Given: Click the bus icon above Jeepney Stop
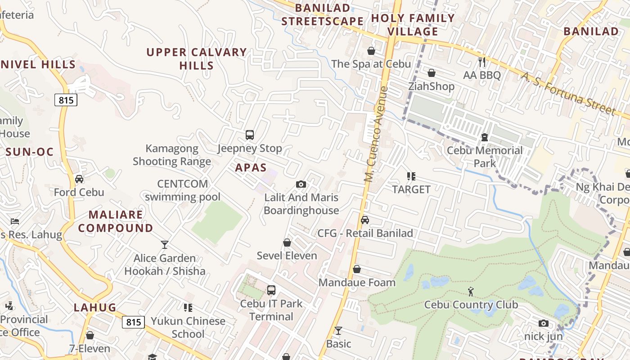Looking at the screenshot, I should [x=250, y=135].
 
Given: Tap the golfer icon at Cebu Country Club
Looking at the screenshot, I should [x=471, y=292].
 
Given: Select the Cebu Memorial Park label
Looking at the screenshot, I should [x=485, y=157].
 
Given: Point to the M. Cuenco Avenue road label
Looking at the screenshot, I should [x=376, y=134].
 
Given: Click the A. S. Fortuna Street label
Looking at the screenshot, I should [x=568, y=94].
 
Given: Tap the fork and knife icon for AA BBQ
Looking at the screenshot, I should [x=482, y=62].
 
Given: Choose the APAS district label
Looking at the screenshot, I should [x=251, y=167].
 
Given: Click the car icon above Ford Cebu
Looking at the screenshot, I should [x=79, y=179].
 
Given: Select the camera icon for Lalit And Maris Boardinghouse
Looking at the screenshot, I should [x=301, y=184].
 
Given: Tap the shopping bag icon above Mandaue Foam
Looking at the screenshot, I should [x=357, y=269].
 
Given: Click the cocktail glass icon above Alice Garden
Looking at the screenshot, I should [x=165, y=244].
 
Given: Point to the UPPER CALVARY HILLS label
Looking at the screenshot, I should [x=197, y=59].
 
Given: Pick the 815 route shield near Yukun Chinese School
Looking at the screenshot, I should [x=133, y=322].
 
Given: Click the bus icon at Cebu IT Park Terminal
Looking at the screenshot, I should [x=271, y=290].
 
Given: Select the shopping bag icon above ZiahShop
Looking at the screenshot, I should [x=432, y=72].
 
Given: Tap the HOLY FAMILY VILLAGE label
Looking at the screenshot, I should [x=413, y=25].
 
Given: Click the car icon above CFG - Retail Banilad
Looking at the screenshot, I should [x=365, y=220].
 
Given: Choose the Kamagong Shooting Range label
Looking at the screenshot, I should [x=172, y=155].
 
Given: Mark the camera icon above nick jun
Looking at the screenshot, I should [x=543, y=323].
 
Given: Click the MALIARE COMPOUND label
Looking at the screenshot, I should [x=116, y=221].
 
